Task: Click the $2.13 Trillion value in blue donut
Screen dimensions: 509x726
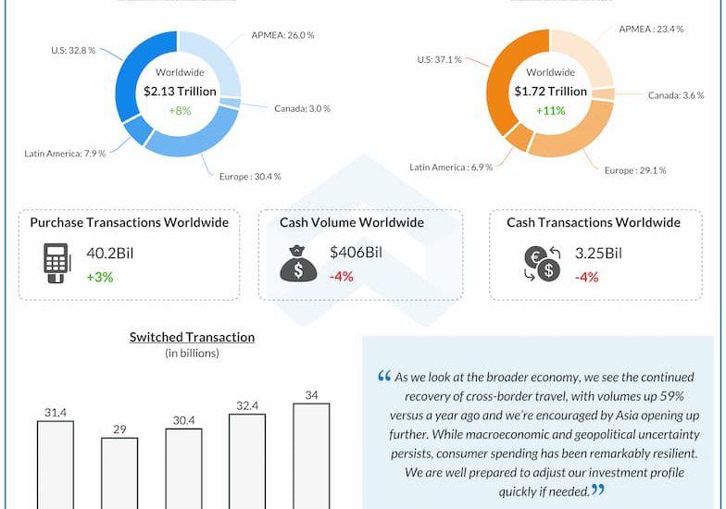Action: click(180, 92)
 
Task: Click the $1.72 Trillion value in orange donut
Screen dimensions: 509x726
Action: click(550, 92)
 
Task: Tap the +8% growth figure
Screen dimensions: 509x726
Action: click(180, 110)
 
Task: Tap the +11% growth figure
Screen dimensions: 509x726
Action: click(550, 110)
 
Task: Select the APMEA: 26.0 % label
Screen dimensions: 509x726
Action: click(282, 34)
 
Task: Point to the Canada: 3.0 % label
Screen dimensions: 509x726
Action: click(302, 108)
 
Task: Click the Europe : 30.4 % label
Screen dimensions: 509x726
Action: click(249, 176)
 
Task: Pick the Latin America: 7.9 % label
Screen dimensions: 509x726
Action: click(65, 153)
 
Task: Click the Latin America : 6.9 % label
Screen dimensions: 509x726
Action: click(451, 167)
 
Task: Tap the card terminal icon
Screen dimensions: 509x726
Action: click(56, 262)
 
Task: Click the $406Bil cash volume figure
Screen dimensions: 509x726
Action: click(356, 254)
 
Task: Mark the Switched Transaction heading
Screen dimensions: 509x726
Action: click(192, 337)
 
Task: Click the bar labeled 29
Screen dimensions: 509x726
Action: click(119, 473)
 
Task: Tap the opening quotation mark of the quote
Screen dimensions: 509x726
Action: click(383, 377)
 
